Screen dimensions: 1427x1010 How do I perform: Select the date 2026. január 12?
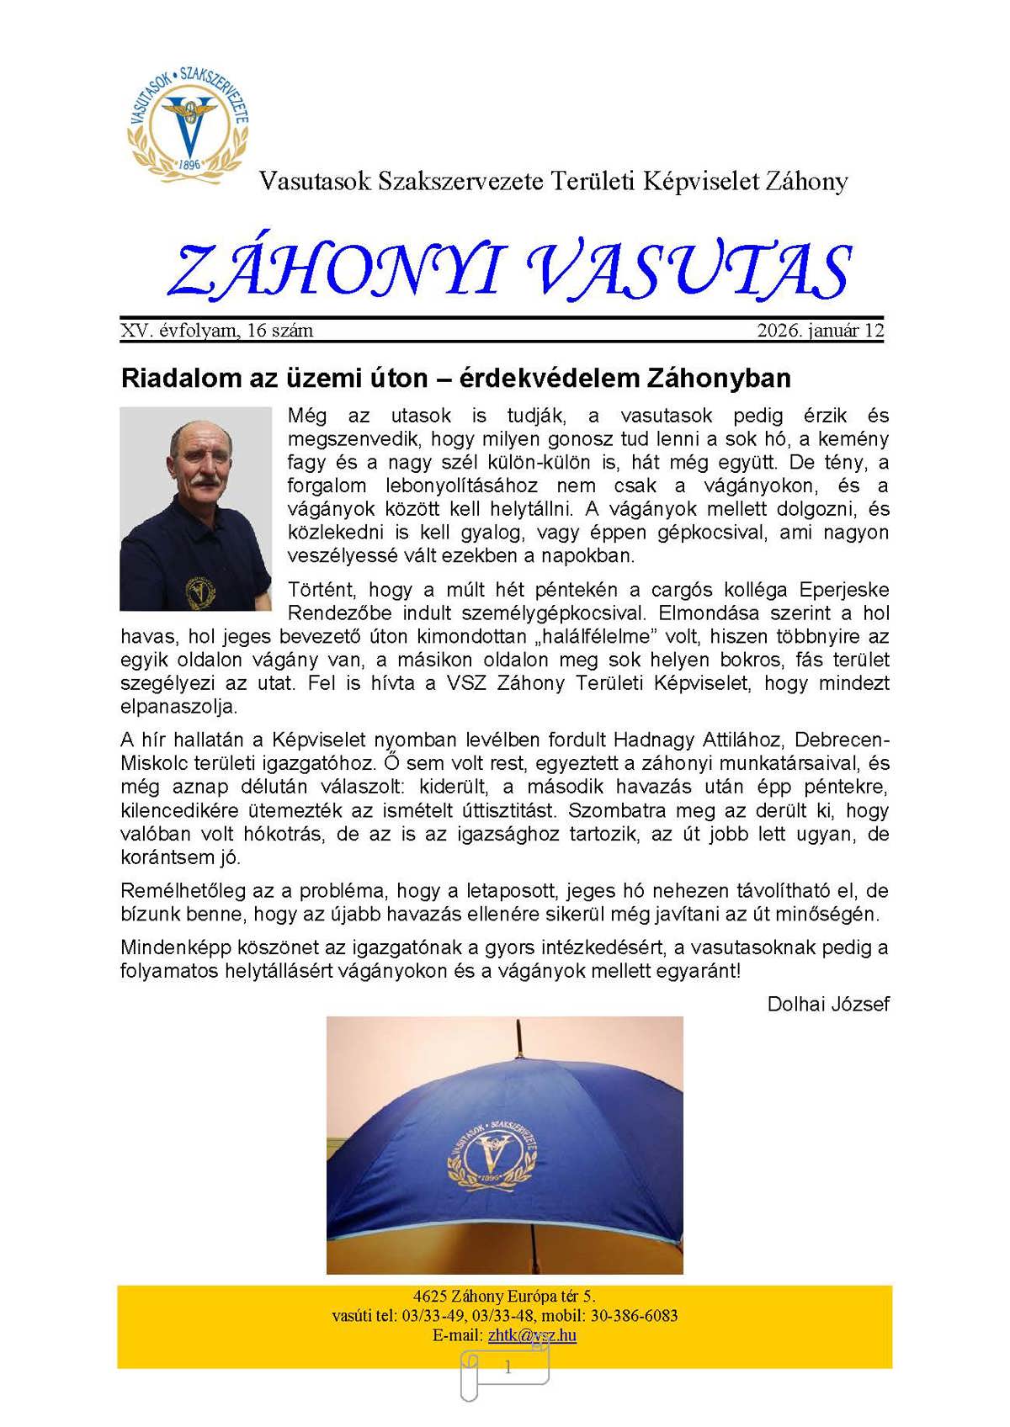[820, 331]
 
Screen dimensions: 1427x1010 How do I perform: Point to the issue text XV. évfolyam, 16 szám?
[217, 331]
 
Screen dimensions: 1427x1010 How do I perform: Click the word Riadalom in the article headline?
[176, 378]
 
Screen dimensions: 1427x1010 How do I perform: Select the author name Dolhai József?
[828, 1004]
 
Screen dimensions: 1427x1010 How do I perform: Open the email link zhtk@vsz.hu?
[532, 1335]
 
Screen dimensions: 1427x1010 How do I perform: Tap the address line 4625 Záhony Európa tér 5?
[504, 1297]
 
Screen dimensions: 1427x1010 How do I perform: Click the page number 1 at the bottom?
[508, 1368]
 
